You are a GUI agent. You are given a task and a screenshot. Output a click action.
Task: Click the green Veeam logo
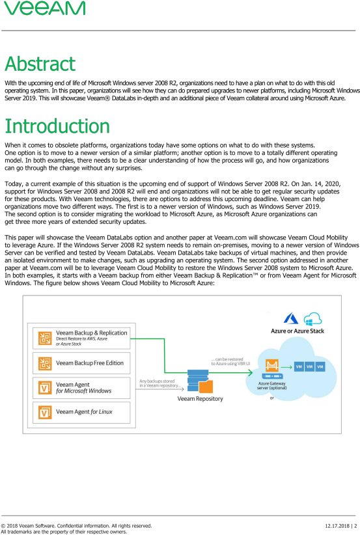45,8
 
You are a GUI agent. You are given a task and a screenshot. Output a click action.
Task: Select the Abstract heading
40,64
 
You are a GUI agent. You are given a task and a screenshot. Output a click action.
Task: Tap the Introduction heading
57,126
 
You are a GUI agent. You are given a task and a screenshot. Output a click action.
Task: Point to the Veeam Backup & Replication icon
45,338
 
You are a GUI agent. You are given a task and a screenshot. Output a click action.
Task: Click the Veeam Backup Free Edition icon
45,363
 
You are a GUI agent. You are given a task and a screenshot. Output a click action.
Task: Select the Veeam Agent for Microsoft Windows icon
45,388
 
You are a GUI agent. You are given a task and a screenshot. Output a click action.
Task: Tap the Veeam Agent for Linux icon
45,412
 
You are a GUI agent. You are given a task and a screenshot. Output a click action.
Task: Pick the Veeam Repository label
200,398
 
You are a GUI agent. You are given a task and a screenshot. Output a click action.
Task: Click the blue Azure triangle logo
291,318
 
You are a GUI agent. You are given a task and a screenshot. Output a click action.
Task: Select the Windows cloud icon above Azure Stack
312,319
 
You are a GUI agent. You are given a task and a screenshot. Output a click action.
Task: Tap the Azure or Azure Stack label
298,331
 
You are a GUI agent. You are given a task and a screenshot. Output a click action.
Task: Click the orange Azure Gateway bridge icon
272,365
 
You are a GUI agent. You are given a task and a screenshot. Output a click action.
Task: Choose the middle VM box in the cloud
309,367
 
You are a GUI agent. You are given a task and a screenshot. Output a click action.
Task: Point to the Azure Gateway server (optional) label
271,385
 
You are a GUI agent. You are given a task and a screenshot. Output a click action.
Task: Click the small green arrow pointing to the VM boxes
286,367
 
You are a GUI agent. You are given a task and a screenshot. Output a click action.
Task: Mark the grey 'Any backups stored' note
159,383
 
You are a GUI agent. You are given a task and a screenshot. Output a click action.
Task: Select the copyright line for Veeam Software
76,526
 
